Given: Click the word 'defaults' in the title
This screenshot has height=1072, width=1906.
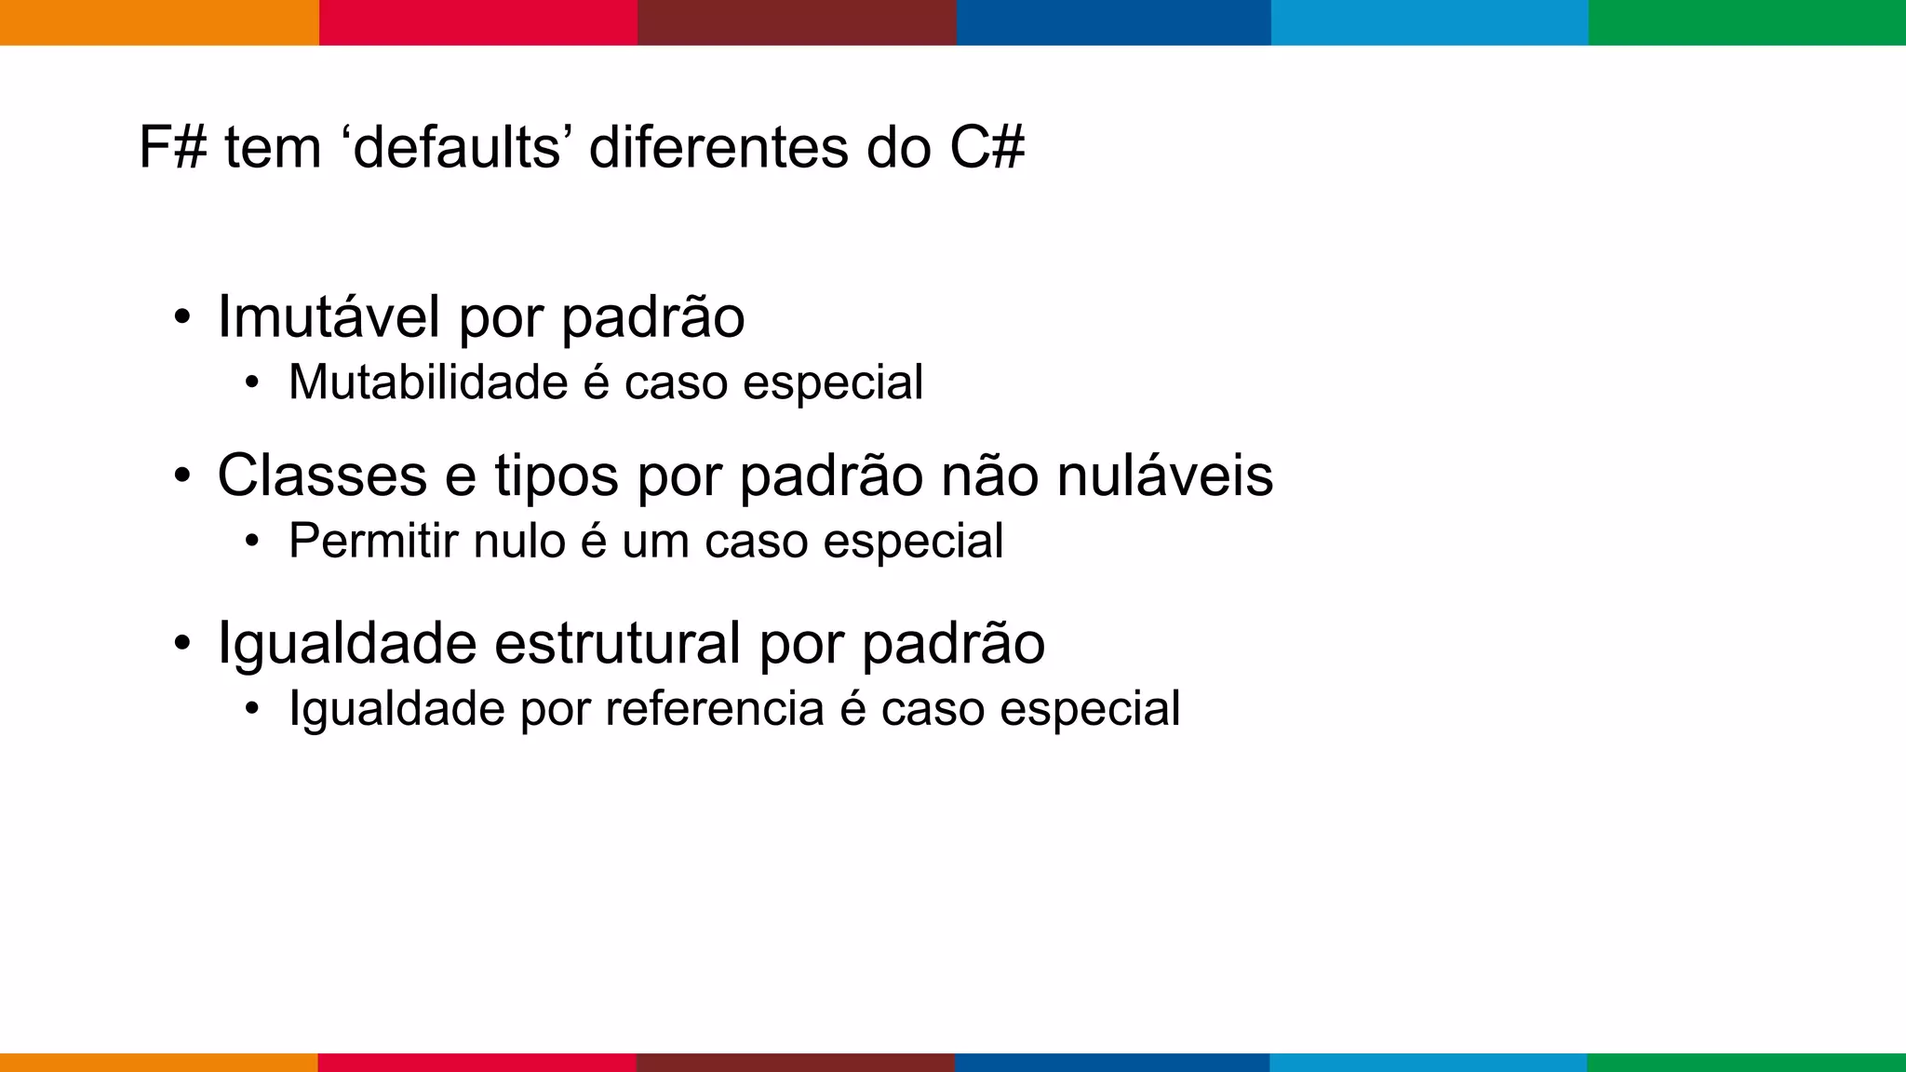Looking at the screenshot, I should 458,147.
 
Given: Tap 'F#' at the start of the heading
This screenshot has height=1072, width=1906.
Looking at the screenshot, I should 172,147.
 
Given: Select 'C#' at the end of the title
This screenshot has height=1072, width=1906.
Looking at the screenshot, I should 987,147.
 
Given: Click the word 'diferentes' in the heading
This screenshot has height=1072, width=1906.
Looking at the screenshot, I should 718,147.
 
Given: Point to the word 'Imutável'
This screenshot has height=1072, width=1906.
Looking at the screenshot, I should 328,316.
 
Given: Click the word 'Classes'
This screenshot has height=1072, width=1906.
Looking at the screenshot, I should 322,476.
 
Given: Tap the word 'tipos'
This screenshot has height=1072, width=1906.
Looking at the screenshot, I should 556,476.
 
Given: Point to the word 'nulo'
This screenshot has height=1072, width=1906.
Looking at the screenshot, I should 519,541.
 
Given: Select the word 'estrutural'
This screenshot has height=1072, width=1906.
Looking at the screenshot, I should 617,643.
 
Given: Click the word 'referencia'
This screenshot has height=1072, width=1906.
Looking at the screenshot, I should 714,709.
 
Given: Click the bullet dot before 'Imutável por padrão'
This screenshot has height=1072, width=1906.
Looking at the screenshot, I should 182,317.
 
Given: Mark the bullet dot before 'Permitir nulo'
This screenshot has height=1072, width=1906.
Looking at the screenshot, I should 251,542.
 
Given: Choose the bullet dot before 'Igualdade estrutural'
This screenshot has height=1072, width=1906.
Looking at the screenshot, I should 182,643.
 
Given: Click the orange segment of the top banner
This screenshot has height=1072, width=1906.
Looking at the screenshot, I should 159,22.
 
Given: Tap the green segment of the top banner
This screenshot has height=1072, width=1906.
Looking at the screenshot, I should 1747,22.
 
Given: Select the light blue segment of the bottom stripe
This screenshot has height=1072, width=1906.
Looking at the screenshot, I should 1428,1062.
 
